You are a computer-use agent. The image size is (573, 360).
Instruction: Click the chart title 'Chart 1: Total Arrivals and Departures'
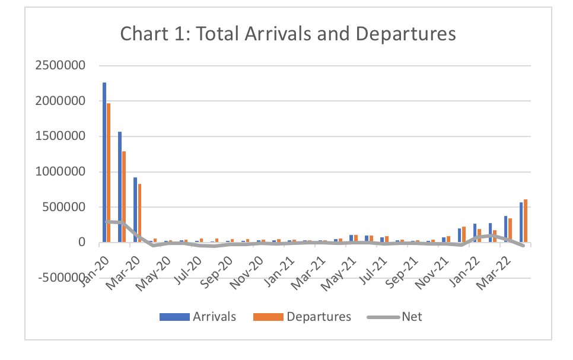coord(288,34)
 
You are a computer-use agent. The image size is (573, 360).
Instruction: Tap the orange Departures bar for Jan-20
coord(109,173)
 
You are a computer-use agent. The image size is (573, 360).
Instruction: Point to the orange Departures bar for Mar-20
coord(139,213)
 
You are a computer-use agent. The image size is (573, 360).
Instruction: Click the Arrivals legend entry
coord(198,317)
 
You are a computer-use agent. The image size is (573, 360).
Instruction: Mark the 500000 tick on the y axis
coord(65,207)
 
